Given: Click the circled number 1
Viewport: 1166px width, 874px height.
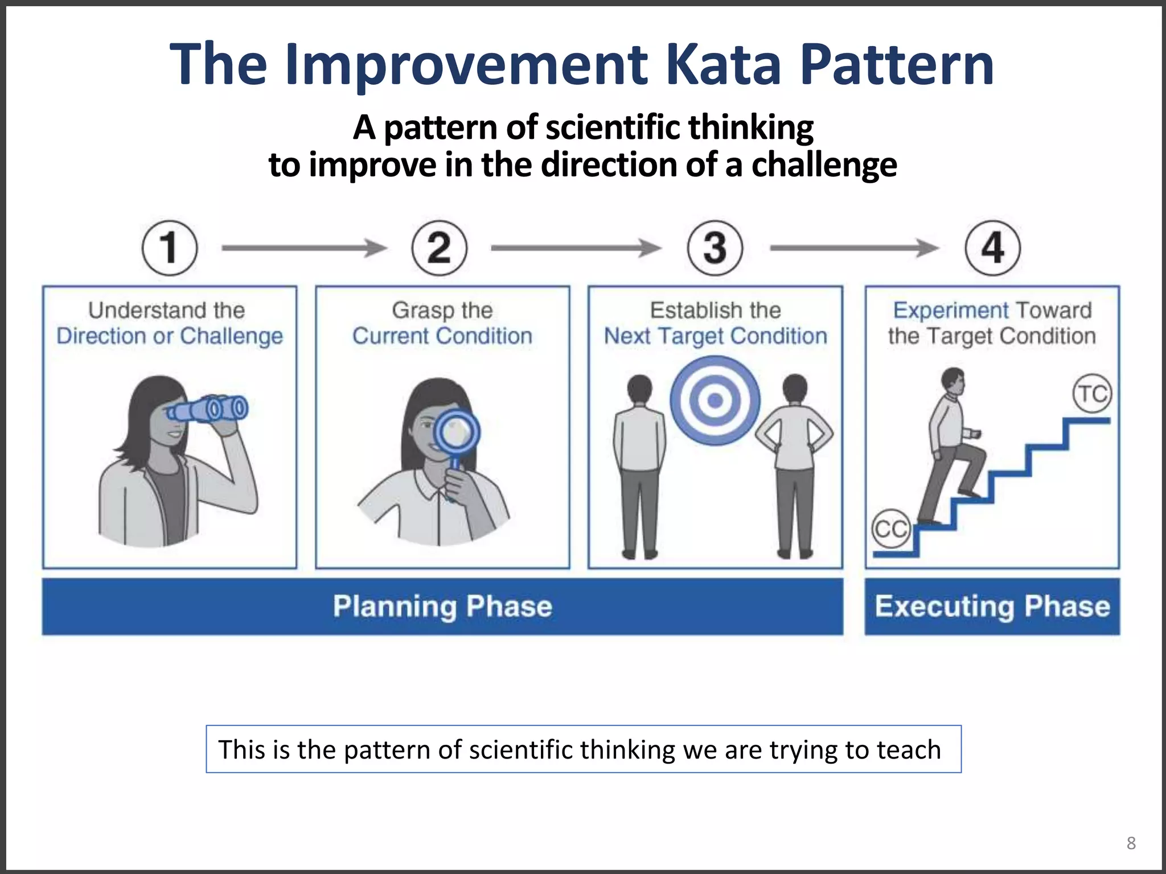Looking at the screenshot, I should tap(169, 248).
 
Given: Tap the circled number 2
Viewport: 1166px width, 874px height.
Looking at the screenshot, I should tap(439, 248).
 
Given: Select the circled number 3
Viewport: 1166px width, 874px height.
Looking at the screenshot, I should tap(715, 248).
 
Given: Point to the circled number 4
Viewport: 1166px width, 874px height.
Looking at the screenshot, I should tap(992, 248).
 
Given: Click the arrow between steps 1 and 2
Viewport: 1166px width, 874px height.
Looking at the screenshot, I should tap(304, 248).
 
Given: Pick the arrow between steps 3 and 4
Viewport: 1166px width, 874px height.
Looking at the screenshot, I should tap(853, 248).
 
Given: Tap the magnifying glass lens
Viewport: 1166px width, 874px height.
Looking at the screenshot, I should tap(456, 432).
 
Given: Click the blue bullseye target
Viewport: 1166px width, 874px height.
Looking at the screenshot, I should tap(715, 401).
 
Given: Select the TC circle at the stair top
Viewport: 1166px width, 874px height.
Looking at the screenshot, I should tap(1092, 394).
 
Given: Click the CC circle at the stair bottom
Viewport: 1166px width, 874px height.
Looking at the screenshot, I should tap(890, 529).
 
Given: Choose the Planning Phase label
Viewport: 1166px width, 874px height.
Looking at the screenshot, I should tap(442, 607).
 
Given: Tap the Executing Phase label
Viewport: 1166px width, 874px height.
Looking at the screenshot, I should tap(992, 607).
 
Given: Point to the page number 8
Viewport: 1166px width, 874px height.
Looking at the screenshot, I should tap(1131, 843).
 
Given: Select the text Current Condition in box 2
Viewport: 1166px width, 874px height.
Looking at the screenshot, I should tap(442, 336).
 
